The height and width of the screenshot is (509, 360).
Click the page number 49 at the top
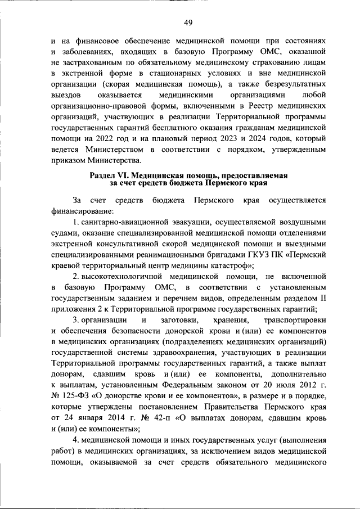point(188,22)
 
